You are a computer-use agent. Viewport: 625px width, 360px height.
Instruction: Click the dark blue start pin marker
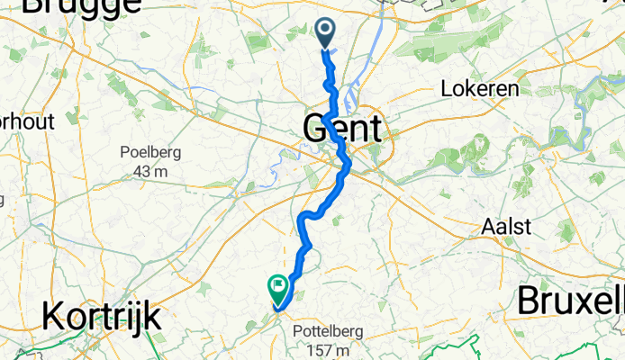click(324, 33)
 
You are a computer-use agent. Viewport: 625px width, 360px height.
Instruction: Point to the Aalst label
click(505, 226)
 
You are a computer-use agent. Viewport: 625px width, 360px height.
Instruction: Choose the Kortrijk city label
click(102, 317)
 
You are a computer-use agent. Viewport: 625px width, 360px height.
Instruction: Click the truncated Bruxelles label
click(570, 302)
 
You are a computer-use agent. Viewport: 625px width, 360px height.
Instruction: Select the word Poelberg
click(150, 152)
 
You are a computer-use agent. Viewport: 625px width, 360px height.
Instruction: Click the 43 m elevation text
click(150, 171)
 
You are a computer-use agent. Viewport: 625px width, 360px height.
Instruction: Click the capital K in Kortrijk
click(53, 317)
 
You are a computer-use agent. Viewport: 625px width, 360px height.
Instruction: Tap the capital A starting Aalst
click(484, 226)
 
